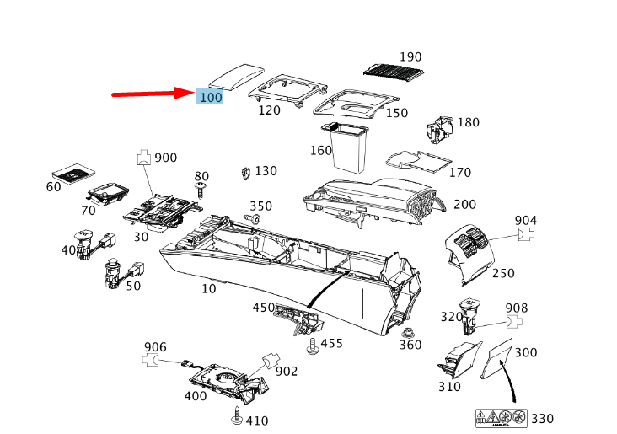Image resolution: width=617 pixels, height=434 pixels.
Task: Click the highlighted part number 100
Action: click(x=211, y=97)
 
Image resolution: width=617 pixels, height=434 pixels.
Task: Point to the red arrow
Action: click(x=153, y=94)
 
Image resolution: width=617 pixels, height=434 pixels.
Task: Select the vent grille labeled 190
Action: click(x=394, y=70)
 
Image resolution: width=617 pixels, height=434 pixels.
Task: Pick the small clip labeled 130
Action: click(x=246, y=173)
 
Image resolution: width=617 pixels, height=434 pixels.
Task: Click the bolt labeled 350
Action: click(x=252, y=218)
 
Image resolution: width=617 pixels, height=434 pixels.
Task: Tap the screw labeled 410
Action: click(x=237, y=415)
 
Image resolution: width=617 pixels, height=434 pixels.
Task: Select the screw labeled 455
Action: click(x=313, y=346)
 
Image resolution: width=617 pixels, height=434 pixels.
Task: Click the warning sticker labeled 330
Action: click(x=502, y=418)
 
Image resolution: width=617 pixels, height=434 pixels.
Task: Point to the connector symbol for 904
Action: click(x=526, y=234)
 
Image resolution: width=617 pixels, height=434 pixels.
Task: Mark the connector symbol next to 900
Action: click(x=144, y=157)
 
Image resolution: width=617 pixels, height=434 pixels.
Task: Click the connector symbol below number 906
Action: click(x=150, y=360)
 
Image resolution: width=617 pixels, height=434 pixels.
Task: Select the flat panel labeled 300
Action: click(x=497, y=358)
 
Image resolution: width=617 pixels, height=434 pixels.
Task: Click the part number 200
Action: click(x=464, y=205)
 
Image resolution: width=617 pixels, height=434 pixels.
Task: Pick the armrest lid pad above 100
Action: click(x=236, y=76)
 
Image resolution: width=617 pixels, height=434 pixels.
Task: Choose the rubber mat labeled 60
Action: click(x=73, y=173)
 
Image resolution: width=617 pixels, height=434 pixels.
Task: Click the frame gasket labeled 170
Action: click(x=419, y=161)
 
